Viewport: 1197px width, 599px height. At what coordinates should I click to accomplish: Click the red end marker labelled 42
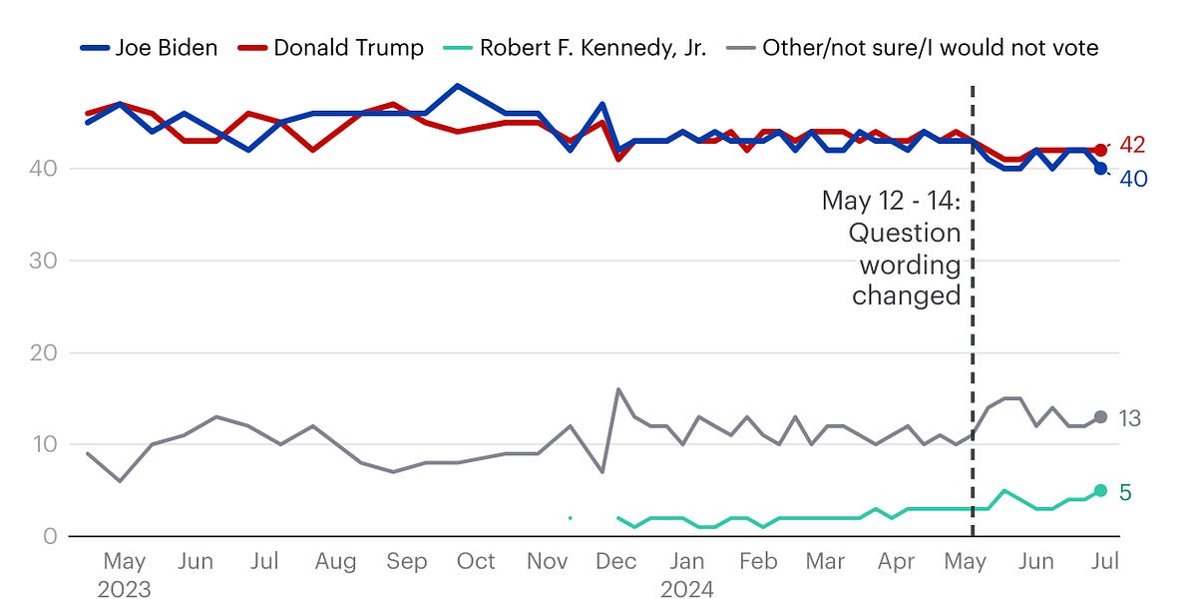pyautogui.click(x=1100, y=150)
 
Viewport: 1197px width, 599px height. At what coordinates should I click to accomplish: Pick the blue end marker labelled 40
pyautogui.click(x=1100, y=169)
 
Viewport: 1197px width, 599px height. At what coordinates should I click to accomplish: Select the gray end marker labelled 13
pyautogui.click(x=1100, y=417)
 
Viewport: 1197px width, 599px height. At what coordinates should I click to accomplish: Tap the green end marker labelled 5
pyautogui.click(x=1100, y=490)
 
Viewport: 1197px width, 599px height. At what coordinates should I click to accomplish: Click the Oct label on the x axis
pyautogui.click(x=476, y=562)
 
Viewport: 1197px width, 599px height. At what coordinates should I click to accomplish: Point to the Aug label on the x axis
pyautogui.click(x=335, y=562)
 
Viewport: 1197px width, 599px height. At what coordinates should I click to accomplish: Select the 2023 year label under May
pyautogui.click(x=125, y=587)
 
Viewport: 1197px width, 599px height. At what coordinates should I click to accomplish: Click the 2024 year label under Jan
pyautogui.click(x=687, y=587)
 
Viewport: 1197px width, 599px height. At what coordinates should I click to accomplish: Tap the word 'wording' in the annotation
pyautogui.click(x=910, y=266)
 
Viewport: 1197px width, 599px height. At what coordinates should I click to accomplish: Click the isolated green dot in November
pyautogui.click(x=570, y=518)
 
